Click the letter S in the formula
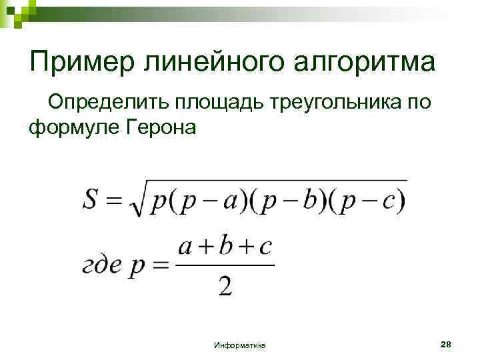(x=93, y=198)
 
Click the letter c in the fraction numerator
(x=265, y=247)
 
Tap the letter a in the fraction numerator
(x=187, y=247)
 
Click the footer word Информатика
(x=240, y=345)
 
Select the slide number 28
(x=446, y=344)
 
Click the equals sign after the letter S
(x=116, y=199)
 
